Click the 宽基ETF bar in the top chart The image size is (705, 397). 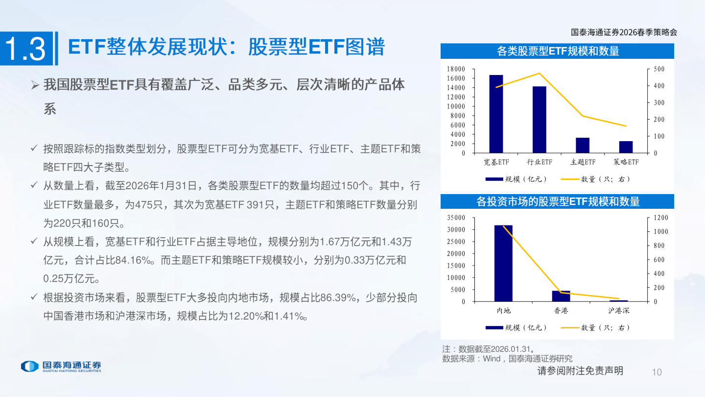click(x=496, y=114)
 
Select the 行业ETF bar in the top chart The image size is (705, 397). click(x=540, y=120)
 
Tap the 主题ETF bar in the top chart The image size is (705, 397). click(x=583, y=145)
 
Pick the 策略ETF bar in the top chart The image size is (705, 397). click(x=626, y=147)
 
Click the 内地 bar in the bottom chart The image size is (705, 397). click(x=503, y=263)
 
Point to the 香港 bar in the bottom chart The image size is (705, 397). click(x=561, y=296)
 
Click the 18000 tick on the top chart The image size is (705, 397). click(x=456, y=69)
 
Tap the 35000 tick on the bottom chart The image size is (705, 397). click(x=456, y=217)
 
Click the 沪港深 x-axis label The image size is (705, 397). click(x=619, y=311)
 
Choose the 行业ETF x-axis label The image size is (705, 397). click(x=540, y=162)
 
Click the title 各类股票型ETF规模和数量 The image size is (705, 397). click(x=558, y=51)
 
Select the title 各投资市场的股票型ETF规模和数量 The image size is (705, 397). click(x=558, y=201)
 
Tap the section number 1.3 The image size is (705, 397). click(x=25, y=49)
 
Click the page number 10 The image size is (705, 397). click(x=657, y=372)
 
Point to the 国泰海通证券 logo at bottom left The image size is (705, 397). click(x=61, y=366)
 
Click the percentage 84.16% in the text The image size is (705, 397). click(x=132, y=261)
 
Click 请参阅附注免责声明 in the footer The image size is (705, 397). click(x=580, y=371)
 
